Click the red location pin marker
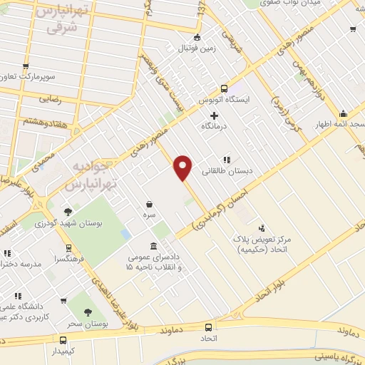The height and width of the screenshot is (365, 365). click(x=183, y=167)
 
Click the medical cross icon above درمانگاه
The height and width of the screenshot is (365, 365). click(x=214, y=115)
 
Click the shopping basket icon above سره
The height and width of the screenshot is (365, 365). click(x=149, y=203)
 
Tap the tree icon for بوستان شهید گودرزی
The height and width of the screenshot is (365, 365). click(x=68, y=211)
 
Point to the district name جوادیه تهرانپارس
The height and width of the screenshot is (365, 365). click(x=90, y=175)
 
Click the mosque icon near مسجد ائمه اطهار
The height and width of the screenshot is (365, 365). click(x=344, y=113)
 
